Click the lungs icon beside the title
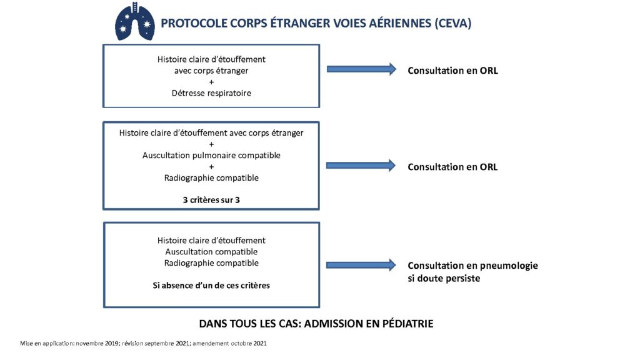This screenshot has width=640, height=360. (x=135, y=22)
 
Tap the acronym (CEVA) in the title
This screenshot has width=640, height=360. (x=452, y=23)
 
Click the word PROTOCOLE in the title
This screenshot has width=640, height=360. (x=194, y=23)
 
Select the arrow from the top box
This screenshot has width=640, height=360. (x=362, y=69)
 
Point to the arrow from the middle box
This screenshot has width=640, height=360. (x=361, y=165)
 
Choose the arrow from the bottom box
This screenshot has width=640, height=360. (x=361, y=265)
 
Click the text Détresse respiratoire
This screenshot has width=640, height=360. (x=211, y=93)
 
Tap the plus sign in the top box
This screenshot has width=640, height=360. (x=211, y=82)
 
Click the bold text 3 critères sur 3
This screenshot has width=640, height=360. (x=211, y=200)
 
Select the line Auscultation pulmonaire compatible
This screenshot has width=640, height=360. (x=211, y=156)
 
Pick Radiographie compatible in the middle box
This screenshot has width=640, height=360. (x=211, y=178)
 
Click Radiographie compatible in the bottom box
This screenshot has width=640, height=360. (x=211, y=263)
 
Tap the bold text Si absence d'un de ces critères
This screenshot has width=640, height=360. (x=211, y=285)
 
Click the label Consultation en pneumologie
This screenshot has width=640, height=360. (x=472, y=266)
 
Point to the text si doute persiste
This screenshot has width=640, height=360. (x=444, y=278)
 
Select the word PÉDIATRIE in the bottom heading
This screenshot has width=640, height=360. (x=407, y=324)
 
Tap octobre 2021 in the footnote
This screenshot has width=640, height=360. (x=249, y=343)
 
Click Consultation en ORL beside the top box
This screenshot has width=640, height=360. (x=452, y=71)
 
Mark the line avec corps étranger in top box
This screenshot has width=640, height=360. (x=211, y=71)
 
